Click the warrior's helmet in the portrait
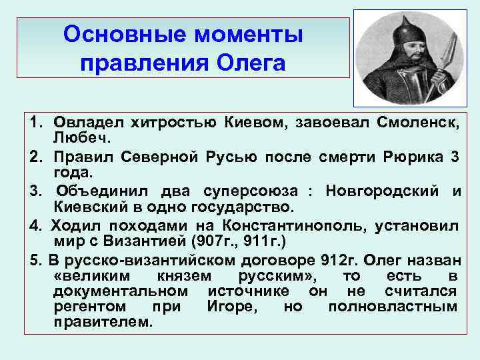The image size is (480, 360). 400,30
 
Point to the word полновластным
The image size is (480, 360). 393,307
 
